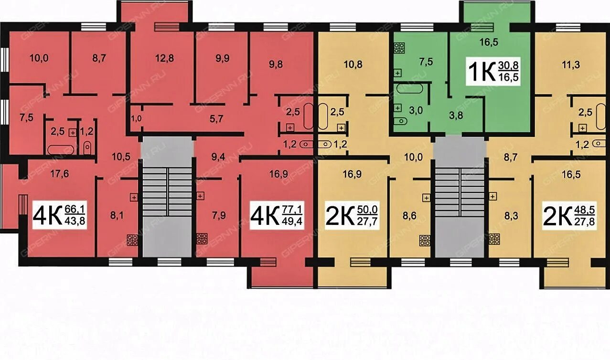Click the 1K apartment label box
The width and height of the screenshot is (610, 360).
pos(496,72)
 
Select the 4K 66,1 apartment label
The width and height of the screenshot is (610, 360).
pos(59,216)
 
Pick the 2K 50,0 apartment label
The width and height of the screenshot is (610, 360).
pos(352,216)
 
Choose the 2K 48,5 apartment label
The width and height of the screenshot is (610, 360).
pos(569,216)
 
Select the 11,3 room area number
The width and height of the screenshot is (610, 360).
pos(571,64)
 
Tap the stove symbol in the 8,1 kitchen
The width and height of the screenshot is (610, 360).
pos(132,241)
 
